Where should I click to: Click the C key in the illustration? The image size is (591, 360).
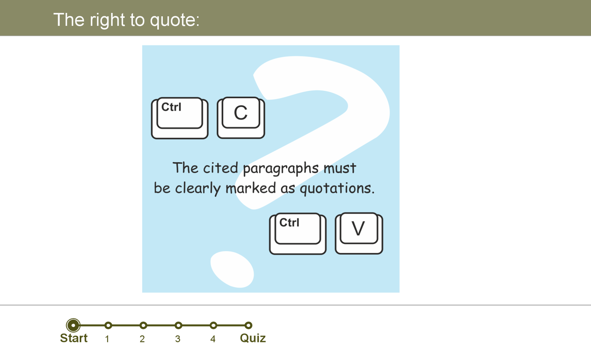coord(241,118)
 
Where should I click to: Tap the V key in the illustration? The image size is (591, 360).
coord(359,233)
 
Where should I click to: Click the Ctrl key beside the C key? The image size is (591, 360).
coord(180,118)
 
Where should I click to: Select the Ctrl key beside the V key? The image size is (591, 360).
coord(298,234)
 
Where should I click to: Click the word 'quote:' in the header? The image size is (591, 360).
coord(175,20)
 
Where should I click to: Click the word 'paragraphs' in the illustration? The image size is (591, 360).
coord(281,169)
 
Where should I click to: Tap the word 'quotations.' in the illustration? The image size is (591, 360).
coord(337,188)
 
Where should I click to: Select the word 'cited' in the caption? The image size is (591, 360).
coord(221,168)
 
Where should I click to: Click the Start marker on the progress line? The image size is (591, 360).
coord(73,325)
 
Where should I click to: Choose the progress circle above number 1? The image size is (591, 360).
coord(108,325)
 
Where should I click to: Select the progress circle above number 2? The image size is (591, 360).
coord(143,325)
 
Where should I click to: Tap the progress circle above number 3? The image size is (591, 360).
coord(178,325)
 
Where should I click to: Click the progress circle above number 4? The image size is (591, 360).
coord(213,325)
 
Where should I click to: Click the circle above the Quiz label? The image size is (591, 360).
coord(248,325)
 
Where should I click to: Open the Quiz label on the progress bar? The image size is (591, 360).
coord(253,338)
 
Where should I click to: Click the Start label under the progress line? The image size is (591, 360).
coord(74,338)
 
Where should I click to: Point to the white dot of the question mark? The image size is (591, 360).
coord(232,269)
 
